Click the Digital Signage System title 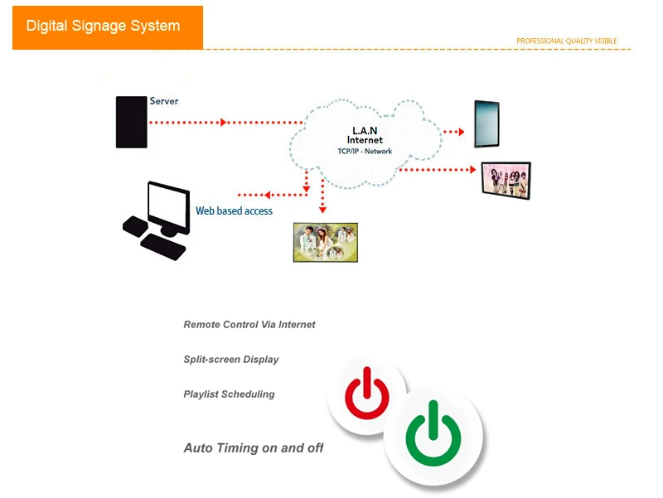[103, 26]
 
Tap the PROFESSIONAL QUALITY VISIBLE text [566, 41]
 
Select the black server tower [131, 122]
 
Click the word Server [163, 101]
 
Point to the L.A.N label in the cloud [365, 131]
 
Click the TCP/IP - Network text [365, 152]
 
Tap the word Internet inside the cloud [365, 141]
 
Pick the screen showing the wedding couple [326, 242]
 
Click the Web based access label [234, 211]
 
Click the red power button [366, 393]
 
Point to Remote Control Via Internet [249, 325]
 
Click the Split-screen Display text [231, 360]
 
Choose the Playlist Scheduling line [229, 394]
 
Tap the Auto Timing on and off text [253, 448]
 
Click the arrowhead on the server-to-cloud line [224, 123]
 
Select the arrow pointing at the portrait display [458, 131]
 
